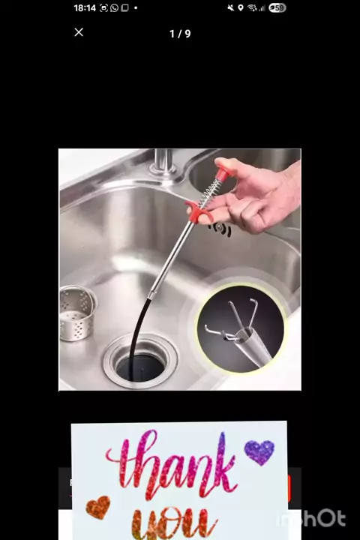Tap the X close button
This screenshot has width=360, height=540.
point(79,32)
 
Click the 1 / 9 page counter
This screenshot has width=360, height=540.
point(180,34)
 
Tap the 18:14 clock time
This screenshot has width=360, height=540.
point(85,8)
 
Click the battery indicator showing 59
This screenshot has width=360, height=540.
point(277,8)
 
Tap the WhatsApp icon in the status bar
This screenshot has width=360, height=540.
point(114,8)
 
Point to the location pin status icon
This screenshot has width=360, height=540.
point(241,8)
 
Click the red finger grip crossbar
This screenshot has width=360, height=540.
point(199,211)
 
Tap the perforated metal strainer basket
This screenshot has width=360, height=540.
point(77,313)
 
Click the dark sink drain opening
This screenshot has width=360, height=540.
point(140,367)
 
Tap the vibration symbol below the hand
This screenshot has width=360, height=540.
point(220,229)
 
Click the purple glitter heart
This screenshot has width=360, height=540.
point(259,451)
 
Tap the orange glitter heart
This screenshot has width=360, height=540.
point(98,507)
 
